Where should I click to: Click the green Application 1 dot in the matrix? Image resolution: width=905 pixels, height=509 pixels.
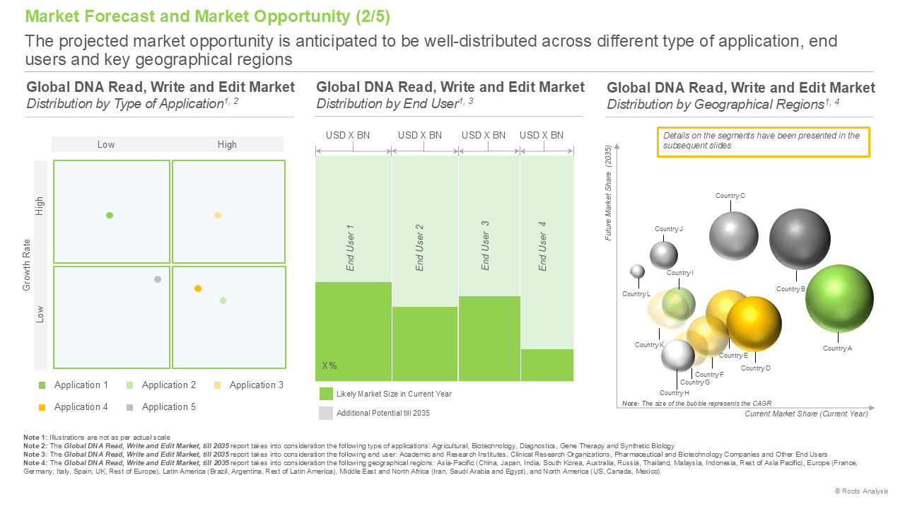[x=110, y=216]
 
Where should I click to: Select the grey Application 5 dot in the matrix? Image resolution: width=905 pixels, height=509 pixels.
[x=158, y=279]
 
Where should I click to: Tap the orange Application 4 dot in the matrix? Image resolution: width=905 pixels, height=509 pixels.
[x=198, y=288]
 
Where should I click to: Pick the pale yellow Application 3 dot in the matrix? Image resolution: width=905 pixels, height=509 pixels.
[x=218, y=216]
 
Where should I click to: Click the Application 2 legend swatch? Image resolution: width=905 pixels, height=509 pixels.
[x=129, y=385]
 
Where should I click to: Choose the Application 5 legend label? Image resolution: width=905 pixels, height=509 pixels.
[x=168, y=406]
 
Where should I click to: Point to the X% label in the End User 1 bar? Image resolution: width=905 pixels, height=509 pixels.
[x=329, y=365]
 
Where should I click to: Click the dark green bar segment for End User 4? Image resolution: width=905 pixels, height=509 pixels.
[x=547, y=365]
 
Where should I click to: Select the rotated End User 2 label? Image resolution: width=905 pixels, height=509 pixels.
[x=419, y=247]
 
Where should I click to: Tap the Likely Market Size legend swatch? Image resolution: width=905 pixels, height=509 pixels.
[x=326, y=394]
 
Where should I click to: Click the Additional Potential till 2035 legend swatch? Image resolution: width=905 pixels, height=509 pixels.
[x=326, y=414]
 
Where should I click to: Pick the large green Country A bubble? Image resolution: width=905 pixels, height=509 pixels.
[x=839, y=298]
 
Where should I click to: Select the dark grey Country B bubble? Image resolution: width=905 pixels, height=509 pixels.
[x=800, y=239]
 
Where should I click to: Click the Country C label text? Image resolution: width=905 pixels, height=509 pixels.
[x=730, y=196]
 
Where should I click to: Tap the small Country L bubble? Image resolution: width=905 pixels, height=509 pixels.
[x=638, y=271]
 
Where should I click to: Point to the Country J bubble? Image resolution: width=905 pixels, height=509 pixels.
[x=664, y=255]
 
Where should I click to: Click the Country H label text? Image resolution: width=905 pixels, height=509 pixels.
[x=675, y=392]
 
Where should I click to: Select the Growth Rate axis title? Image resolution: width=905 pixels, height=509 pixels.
[x=27, y=265]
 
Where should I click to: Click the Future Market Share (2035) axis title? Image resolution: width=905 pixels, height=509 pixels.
[x=608, y=193]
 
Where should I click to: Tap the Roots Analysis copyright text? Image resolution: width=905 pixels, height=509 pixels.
[x=861, y=491]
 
